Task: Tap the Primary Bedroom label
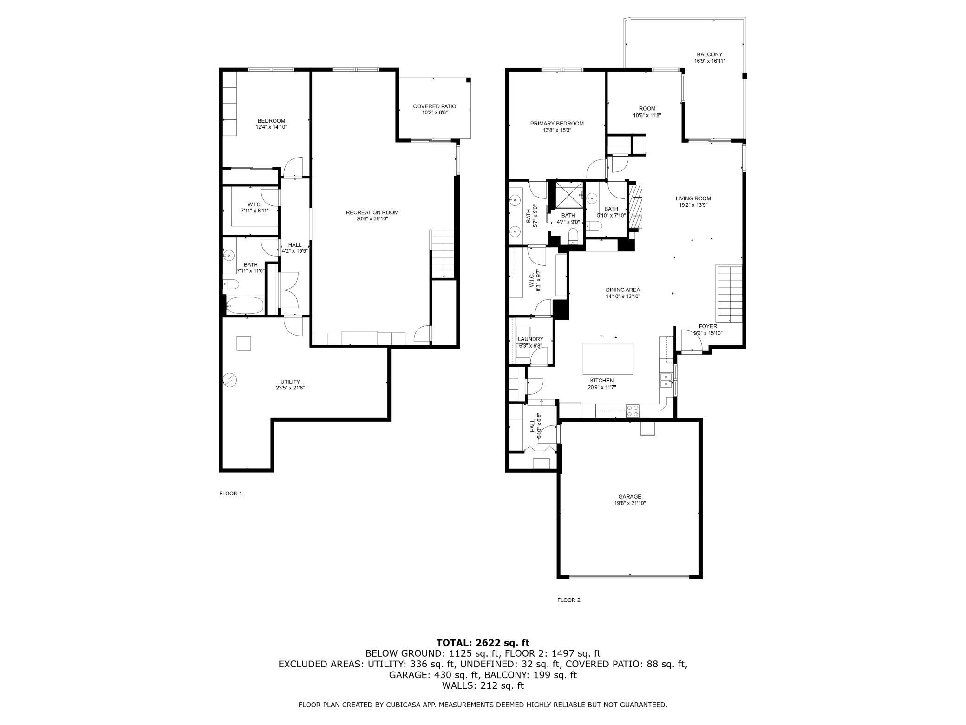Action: (x=557, y=124)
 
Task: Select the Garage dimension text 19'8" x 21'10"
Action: (x=629, y=503)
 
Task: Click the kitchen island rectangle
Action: (x=608, y=358)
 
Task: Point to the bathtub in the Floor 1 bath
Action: (x=245, y=305)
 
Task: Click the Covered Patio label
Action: (x=435, y=106)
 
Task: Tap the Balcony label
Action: (x=710, y=54)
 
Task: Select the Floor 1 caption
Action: (x=231, y=494)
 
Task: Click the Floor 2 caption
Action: (x=569, y=600)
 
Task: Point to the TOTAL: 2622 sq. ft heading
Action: (x=483, y=643)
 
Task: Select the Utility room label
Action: (x=290, y=382)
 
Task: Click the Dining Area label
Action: (x=623, y=290)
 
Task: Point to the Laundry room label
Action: (x=530, y=339)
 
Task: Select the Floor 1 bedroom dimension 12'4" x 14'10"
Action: (x=272, y=127)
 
